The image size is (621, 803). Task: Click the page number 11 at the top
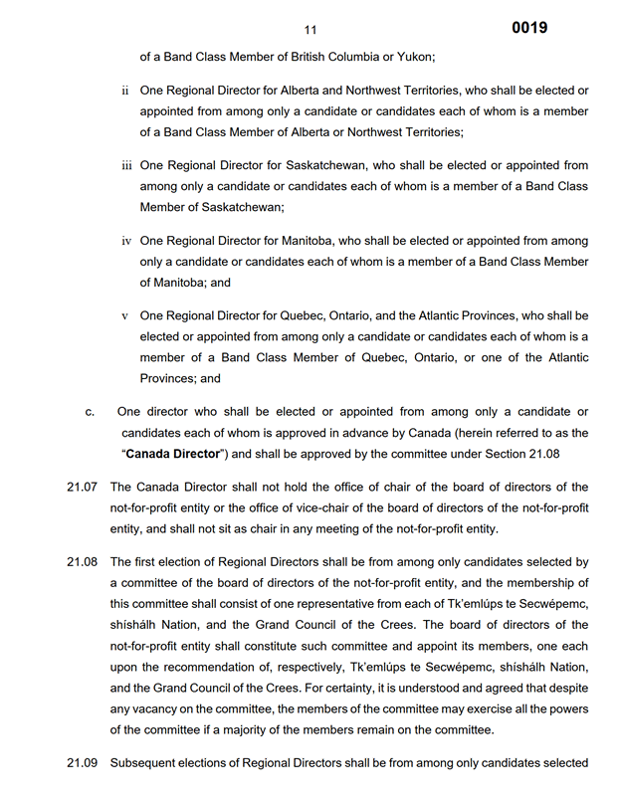pos(310,30)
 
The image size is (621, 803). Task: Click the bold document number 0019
pos(529,28)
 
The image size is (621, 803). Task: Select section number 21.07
pos(83,487)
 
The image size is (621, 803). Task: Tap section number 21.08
pos(83,562)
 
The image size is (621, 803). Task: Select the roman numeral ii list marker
pos(125,91)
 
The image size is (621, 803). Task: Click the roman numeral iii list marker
pos(126,165)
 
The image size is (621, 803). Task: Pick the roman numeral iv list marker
pos(126,241)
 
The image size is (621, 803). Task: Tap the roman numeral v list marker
pos(125,316)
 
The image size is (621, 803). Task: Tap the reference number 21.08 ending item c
pos(564,454)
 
